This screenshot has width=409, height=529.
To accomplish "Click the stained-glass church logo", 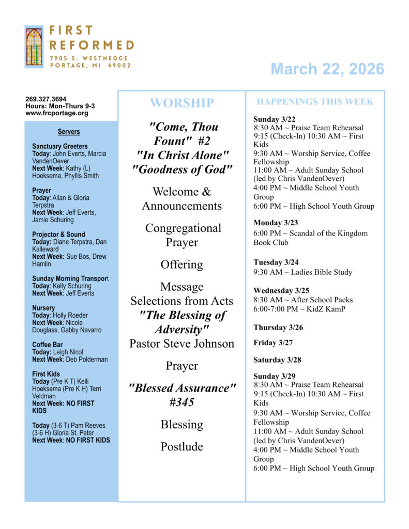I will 34,46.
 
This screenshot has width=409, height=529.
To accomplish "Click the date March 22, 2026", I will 327,69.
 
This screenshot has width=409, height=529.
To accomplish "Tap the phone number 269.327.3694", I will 46,99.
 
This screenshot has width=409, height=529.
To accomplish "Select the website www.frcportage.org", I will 57,113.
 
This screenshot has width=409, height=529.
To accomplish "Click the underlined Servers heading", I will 69,132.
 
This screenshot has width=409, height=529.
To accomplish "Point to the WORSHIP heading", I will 181,103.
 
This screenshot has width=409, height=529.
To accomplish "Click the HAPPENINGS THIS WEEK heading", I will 315,102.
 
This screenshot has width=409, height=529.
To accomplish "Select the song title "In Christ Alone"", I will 181,155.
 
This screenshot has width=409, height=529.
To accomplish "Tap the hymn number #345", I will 181,402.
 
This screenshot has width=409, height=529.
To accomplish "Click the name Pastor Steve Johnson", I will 181,344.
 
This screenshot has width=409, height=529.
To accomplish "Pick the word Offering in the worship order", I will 181,264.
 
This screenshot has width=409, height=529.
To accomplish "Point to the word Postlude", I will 181,446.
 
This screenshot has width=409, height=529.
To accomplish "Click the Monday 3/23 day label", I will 275,223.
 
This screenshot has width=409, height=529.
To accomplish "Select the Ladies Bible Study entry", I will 302,272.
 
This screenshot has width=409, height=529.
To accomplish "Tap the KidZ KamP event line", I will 299,309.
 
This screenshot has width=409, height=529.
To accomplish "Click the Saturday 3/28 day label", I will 276,360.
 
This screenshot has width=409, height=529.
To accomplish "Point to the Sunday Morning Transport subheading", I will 70,279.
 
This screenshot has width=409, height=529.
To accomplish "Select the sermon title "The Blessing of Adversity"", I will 181,322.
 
